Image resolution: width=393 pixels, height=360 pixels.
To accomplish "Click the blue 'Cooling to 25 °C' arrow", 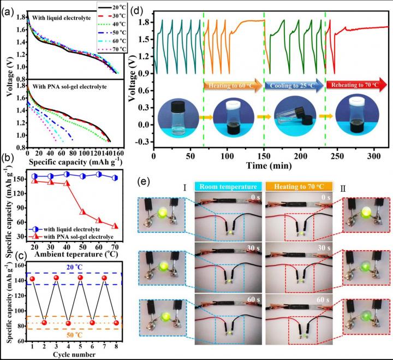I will [x=295, y=86].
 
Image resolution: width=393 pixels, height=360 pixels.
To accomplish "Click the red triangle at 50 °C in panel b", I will [x=83, y=211].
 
